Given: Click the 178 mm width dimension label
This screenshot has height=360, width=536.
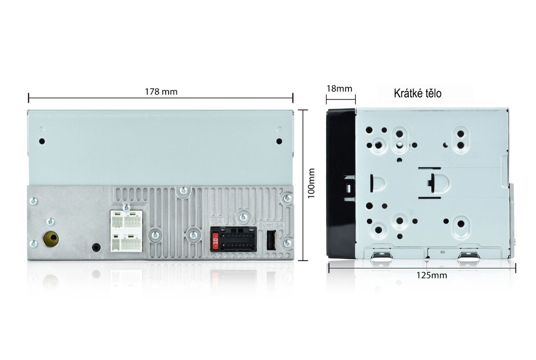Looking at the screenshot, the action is pos(161,92).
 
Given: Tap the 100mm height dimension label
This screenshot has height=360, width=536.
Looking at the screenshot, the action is pos(311,183).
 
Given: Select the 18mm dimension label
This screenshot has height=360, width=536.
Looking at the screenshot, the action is pos(339,89).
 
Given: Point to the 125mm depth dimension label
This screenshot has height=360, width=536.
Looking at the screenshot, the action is pos(431,275).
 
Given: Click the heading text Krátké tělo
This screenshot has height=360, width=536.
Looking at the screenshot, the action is pos(418,94).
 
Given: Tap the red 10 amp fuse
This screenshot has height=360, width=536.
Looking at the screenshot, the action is pos(215,242).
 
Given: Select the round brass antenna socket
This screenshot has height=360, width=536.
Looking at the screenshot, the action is pos(51,239).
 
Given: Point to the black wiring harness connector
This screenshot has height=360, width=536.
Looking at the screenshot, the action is pos(233,239).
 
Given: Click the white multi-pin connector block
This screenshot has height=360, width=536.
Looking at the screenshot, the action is pos(126,231).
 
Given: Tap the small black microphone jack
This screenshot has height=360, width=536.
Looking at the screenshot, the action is pos(96,247).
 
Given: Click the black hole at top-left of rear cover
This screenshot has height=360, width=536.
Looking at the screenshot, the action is pos(42,141).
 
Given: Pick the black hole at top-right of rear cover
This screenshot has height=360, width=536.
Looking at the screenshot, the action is pos(279,141).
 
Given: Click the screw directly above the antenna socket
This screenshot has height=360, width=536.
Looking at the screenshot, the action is pos(50,222).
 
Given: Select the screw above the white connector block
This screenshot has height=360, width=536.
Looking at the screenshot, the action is pos(126,207).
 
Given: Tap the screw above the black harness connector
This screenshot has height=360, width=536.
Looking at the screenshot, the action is pos(243,216).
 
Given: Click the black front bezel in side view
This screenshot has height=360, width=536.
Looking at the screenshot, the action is pos(341,184).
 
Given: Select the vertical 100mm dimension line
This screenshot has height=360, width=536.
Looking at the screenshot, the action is pos(303,185).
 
